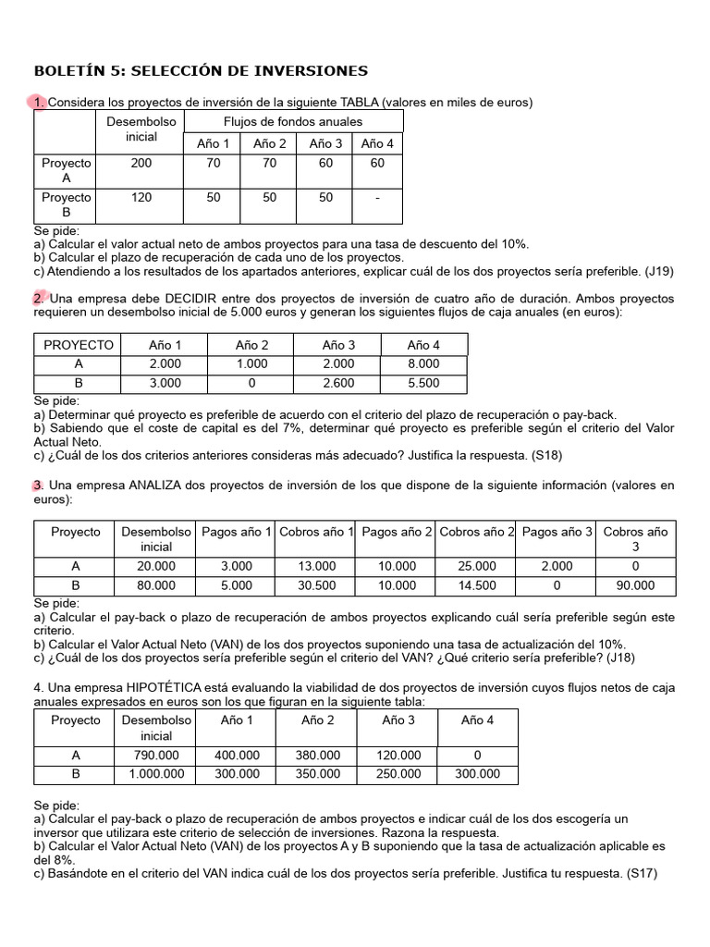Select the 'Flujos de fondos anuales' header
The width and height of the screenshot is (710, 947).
(293, 121)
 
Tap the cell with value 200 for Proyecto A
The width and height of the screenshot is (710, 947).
(142, 163)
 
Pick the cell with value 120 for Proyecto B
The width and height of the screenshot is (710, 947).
(142, 197)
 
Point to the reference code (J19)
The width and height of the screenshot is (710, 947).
(660, 271)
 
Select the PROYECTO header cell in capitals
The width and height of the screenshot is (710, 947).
(79, 345)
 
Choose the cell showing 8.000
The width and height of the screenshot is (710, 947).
(423, 364)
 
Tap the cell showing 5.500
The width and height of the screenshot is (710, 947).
(423, 383)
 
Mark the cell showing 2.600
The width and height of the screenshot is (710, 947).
(338, 383)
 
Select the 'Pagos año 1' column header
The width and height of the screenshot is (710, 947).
(236, 532)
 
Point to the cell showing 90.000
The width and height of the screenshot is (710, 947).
(635, 585)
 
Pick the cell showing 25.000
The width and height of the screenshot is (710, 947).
(477, 566)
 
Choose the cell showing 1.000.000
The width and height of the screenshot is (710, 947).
(156, 774)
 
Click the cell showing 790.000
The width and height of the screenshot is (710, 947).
(156, 755)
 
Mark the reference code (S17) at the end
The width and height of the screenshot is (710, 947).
(641, 872)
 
